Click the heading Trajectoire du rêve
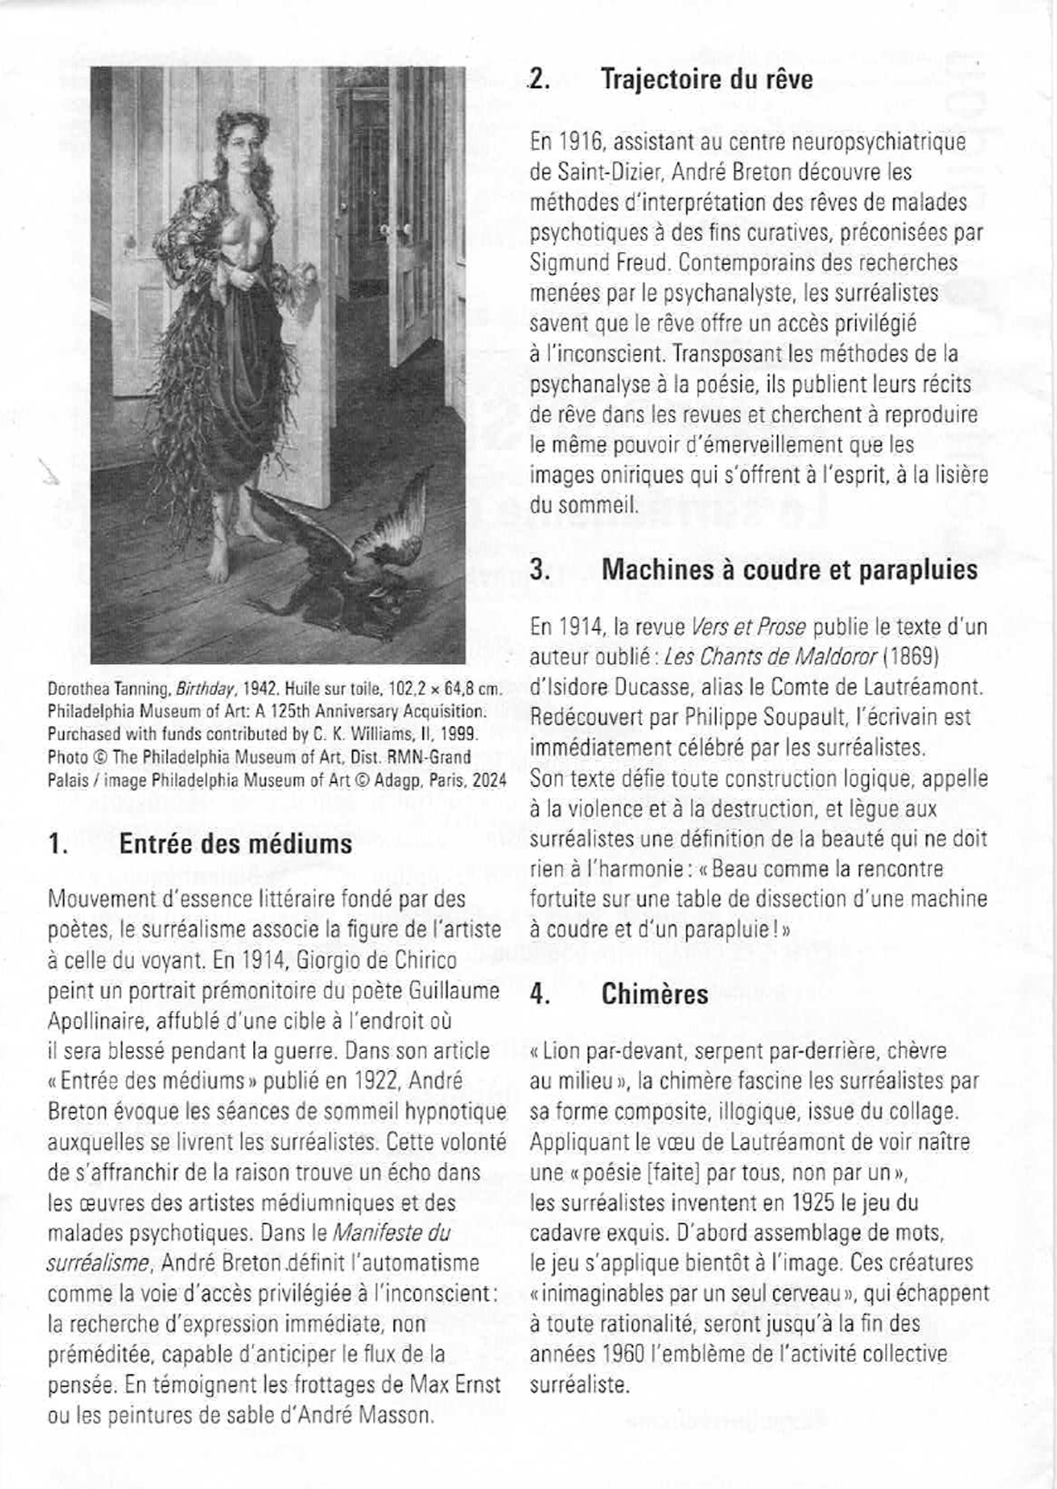click(x=706, y=80)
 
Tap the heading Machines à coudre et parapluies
click(x=789, y=570)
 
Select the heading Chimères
click(x=655, y=994)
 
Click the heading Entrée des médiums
click(x=236, y=842)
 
